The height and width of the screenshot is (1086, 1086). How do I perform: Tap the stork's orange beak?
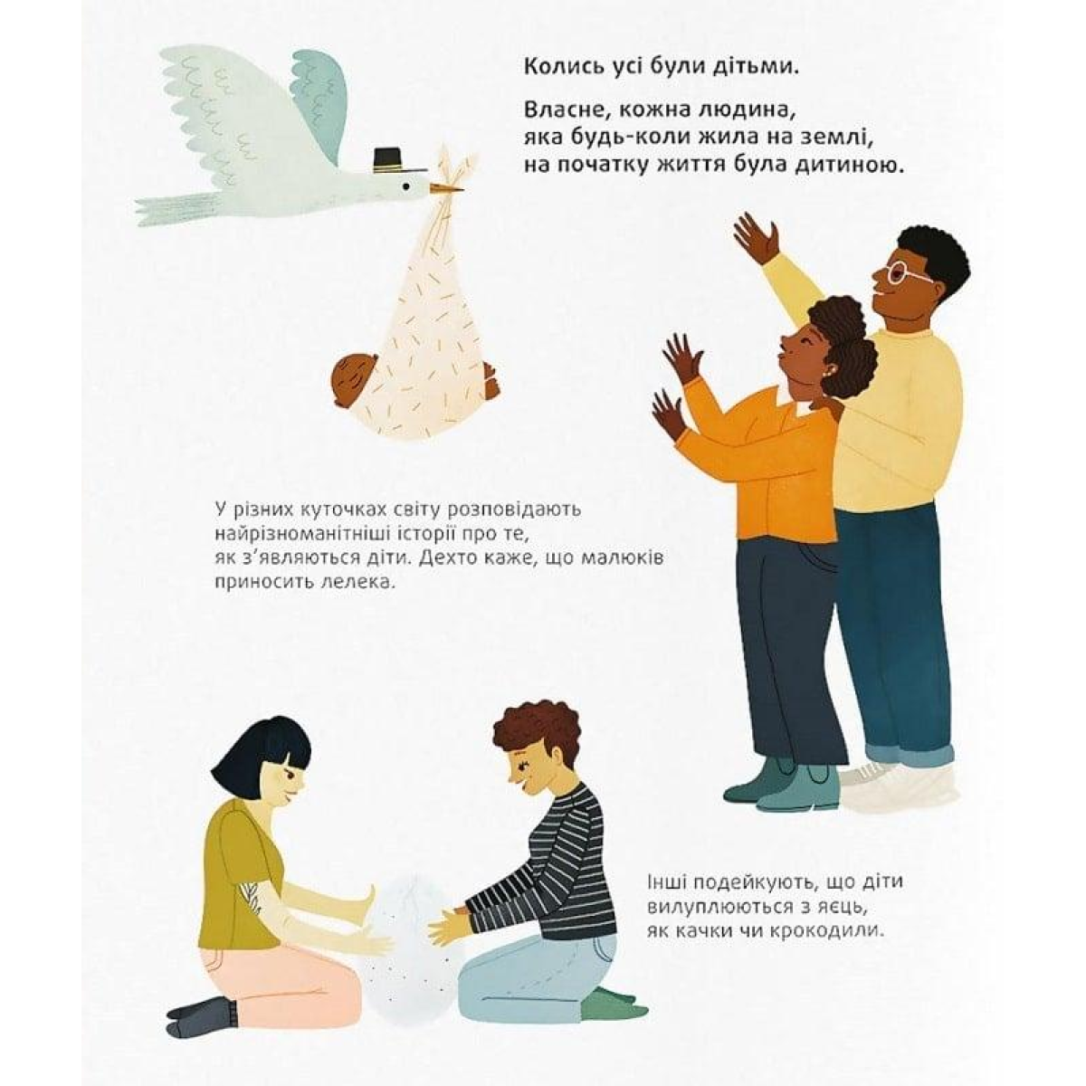(x=447, y=189)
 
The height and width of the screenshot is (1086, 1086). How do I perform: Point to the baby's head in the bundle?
(x=354, y=378)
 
